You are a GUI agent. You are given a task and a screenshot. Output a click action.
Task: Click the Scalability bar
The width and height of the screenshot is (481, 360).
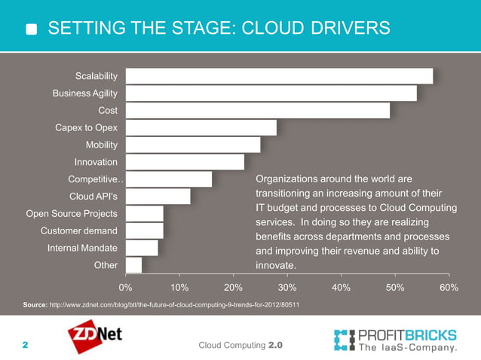point(279,76)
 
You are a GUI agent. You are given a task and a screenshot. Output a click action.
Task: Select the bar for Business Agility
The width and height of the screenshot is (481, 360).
point(271,93)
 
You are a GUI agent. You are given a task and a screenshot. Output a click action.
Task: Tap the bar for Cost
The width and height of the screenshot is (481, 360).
point(257,111)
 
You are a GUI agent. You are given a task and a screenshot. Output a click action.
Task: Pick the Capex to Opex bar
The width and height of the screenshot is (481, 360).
point(201,128)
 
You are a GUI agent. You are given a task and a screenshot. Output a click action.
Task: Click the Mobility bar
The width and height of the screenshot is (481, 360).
point(192,145)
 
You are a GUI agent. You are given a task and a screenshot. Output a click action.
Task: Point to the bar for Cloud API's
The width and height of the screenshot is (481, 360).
point(158,197)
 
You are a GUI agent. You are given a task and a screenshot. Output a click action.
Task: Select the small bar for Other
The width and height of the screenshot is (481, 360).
point(133,265)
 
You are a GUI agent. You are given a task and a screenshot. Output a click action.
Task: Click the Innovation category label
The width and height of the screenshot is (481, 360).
point(96,162)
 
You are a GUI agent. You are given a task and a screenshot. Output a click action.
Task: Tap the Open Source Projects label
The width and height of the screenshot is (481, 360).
point(72,213)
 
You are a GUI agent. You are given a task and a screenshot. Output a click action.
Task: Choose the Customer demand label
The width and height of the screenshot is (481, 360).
point(78,230)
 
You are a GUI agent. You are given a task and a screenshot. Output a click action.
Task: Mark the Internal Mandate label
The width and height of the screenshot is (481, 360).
point(82,248)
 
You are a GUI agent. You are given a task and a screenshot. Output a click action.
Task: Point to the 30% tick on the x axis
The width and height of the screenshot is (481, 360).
point(287,287)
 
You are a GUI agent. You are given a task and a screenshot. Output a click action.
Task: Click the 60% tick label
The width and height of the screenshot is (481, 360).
point(448,287)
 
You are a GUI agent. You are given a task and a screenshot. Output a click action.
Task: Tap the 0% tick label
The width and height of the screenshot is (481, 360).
point(126,287)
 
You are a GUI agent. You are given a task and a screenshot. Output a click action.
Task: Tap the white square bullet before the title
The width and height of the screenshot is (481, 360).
point(32,30)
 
